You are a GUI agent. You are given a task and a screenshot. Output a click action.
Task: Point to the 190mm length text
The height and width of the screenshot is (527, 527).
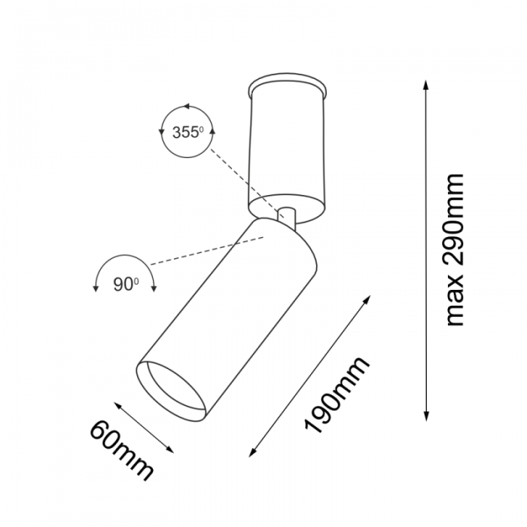[337, 394]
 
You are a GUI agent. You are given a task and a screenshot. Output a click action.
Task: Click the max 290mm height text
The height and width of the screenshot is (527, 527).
[455, 250]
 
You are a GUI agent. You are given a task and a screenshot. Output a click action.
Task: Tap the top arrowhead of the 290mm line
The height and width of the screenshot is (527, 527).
[426, 84]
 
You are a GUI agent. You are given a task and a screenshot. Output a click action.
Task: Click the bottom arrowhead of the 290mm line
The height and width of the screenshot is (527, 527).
[426, 417]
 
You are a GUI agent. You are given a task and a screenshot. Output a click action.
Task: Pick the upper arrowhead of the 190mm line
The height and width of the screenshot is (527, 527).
[367, 299]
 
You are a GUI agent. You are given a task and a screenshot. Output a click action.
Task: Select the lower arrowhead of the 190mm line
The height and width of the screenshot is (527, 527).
[251, 453]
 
